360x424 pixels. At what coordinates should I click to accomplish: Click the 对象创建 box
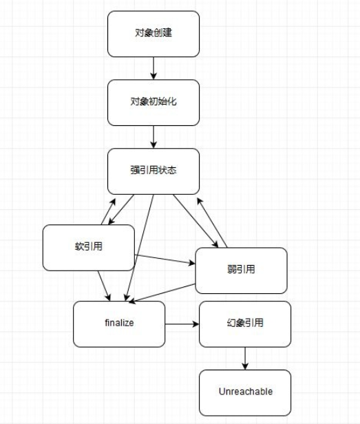tap(153, 33)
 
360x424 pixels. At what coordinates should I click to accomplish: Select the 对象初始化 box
tap(153, 102)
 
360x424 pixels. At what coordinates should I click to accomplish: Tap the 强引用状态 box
tap(153, 171)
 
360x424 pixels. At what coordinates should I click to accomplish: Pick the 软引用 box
tap(88, 247)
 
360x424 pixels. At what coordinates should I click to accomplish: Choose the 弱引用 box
tap(241, 270)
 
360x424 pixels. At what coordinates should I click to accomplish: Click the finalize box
tap(120, 324)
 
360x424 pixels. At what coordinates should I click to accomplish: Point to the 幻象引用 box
tap(244, 324)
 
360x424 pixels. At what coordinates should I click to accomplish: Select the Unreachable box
tap(245, 392)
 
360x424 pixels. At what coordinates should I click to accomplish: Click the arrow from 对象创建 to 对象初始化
tap(153, 67)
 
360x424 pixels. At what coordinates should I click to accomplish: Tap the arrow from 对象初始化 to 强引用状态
tap(153, 136)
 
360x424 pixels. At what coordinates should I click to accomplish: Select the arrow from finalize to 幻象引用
tap(182, 324)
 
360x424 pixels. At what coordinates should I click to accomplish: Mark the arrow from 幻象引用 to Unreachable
tap(245, 358)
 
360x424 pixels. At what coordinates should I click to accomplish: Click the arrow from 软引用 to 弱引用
tap(165, 259)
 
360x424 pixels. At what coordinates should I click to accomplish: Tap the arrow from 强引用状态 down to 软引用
tap(122, 209)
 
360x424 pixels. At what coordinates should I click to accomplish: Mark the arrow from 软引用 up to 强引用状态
tap(109, 209)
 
